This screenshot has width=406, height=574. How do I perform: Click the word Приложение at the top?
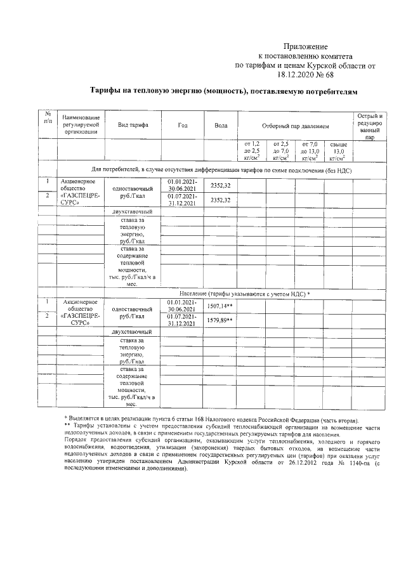coord(305,46)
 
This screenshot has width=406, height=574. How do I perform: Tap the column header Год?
coord(183,126)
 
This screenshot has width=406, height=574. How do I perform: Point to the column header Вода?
coord(221,126)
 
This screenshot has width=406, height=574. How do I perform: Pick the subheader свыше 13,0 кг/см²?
coord(338,152)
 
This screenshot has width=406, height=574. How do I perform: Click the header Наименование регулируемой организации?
coord(79,126)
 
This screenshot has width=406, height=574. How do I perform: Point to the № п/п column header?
coord(47,117)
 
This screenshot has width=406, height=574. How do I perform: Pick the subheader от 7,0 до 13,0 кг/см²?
coord(310,152)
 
